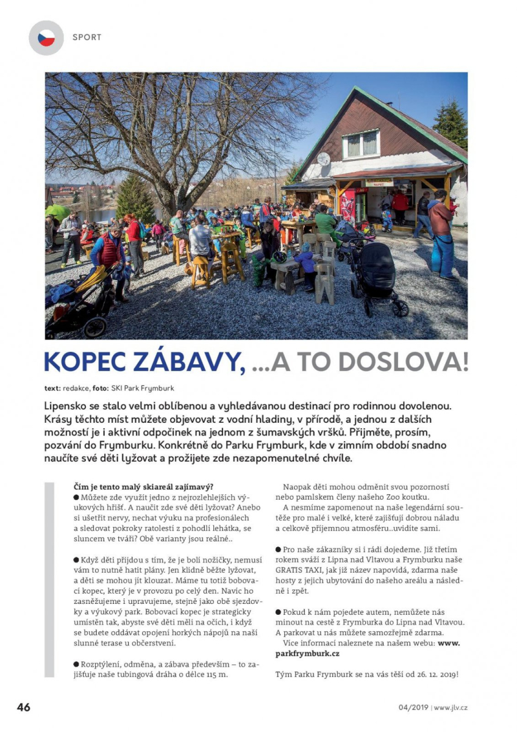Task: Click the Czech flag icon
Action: [x=46, y=38]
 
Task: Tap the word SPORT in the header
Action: [x=87, y=37]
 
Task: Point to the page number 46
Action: [x=24, y=708]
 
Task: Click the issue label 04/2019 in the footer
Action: [x=413, y=708]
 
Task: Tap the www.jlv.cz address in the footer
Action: [x=451, y=708]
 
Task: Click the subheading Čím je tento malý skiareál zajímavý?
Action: [x=143, y=486]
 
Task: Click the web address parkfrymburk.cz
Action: [x=307, y=653]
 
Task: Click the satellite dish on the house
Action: [x=323, y=159]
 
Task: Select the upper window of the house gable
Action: [x=362, y=144]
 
